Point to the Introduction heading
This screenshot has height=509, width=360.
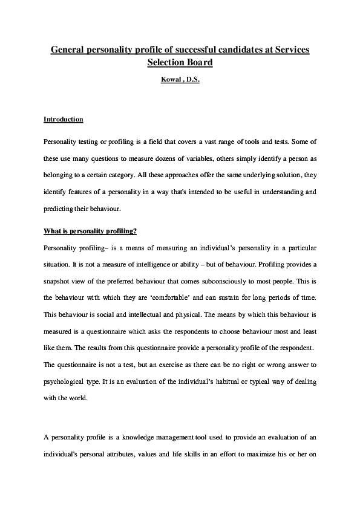pyautogui.click(x=64, y=120)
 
